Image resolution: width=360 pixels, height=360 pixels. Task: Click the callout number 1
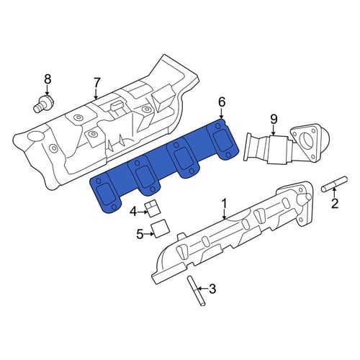pos(224,204)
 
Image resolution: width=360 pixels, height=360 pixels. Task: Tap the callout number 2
pos(335,204)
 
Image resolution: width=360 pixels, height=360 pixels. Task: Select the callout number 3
pos(212,289)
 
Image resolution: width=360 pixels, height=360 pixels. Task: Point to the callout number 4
pos(134,212)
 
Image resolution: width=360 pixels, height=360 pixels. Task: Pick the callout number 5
pos(140,234)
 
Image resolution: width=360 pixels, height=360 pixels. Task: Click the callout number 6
pos(222,102)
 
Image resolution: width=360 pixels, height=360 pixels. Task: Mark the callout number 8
pos(48,78)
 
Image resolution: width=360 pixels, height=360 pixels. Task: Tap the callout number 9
pos(274,119)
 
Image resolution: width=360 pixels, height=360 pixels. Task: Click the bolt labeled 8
pos(43,104)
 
